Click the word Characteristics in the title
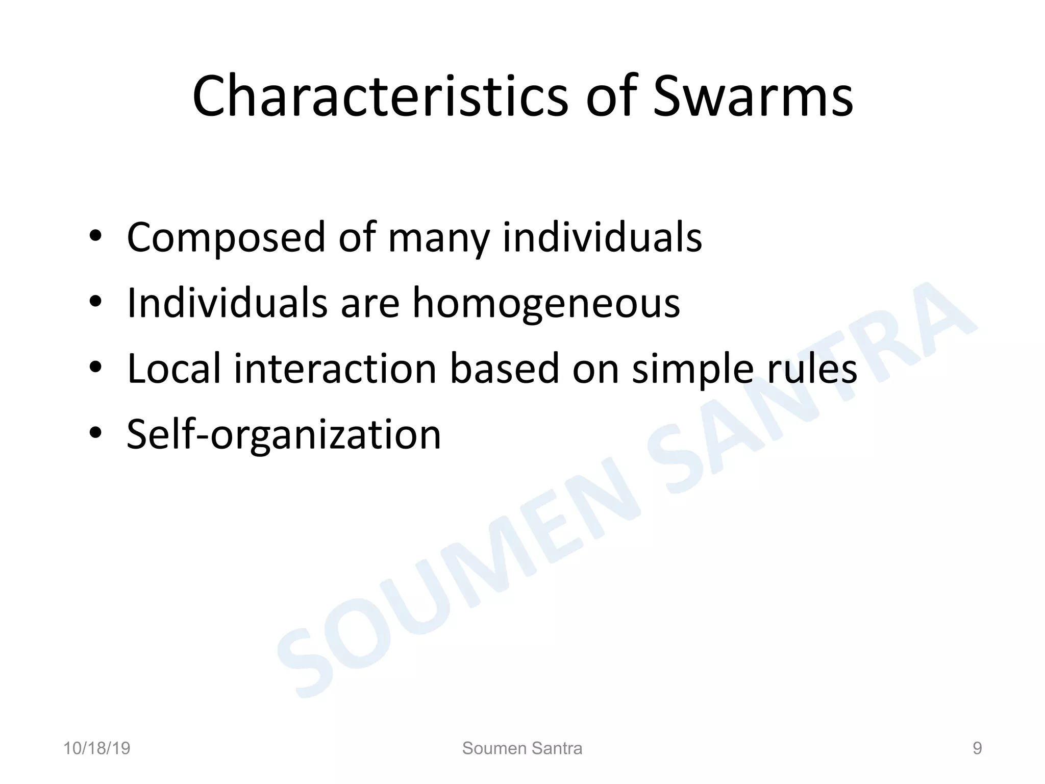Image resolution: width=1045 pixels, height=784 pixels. coord(380,97)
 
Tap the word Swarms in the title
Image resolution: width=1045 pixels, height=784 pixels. coord(753,97)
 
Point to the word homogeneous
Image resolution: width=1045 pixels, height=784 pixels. coord(546,303)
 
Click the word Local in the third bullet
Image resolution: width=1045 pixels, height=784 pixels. coord(174,368)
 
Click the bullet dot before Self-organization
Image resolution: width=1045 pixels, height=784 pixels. coord(95,434)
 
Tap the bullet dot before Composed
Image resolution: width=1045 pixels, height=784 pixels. coord(95,237)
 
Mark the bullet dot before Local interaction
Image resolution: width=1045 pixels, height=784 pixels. coord(95,368)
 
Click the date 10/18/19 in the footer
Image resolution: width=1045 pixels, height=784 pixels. coord(97,749)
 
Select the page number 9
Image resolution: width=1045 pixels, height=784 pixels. coord(977,749)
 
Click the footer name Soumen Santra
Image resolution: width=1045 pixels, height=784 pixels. coord(522,749)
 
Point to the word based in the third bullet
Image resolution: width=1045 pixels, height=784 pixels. coord(504,368)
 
